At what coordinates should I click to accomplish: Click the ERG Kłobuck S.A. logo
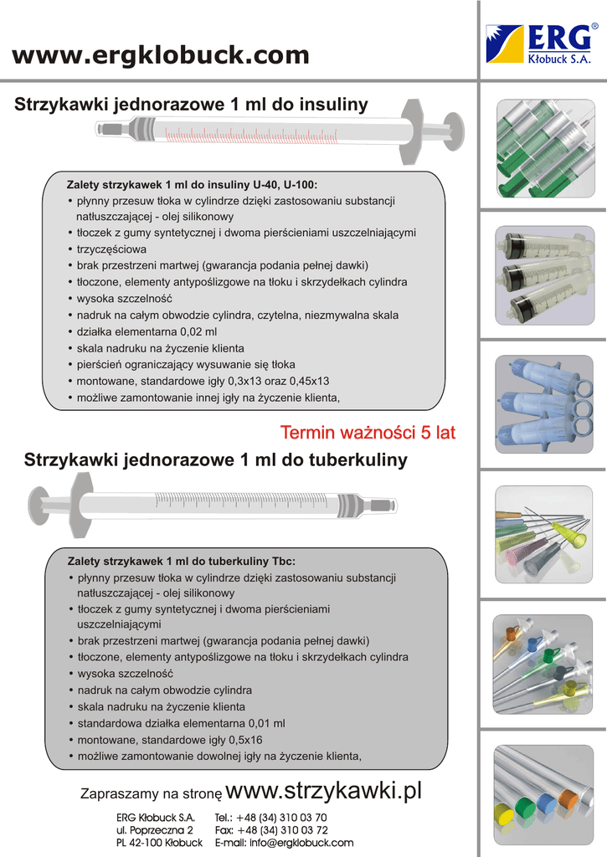[543, 44]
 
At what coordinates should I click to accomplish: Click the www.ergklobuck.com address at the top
[161, 55]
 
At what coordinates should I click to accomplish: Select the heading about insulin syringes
[192, 105]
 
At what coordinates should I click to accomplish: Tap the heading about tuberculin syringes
[216, 459]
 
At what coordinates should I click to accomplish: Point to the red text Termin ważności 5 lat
[368, 433]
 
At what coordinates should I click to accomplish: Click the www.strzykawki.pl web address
[325, 790]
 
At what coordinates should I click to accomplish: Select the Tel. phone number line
[270, 817]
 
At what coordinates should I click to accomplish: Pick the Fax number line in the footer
[270, 829]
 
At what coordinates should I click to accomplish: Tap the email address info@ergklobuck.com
[284, 843]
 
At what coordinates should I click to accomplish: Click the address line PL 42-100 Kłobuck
[159, 843]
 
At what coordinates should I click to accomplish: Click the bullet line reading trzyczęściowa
[111, 249]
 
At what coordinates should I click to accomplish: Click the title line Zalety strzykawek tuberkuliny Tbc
[181, 561]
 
